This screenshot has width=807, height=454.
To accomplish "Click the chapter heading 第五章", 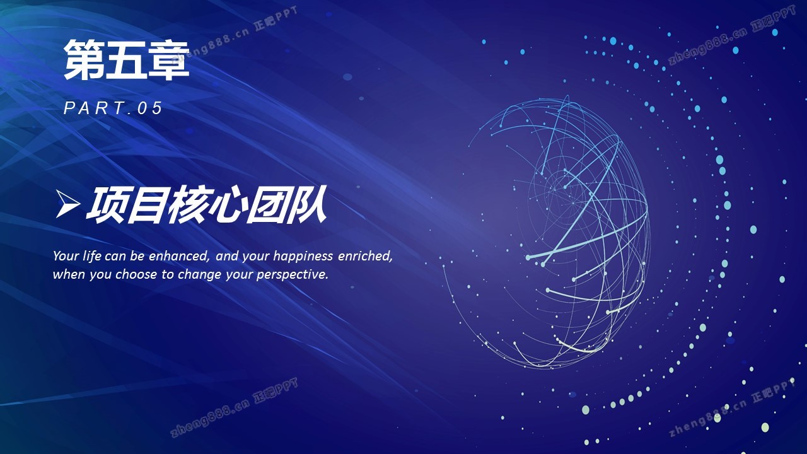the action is [x=127, y=59].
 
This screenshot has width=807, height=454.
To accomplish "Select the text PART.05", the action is [x=113, y=108].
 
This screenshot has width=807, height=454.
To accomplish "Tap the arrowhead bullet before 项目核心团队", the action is [x=67, y=204].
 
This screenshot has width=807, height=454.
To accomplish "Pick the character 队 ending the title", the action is [x=307, y=204].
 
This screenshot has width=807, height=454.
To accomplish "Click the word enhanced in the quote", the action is [x=179, y=256].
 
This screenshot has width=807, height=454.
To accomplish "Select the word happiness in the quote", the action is [x=303, y=257].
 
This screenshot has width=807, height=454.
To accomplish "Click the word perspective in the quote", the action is [x=292, y=275].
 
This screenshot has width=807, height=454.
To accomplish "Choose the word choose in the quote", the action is [x=136, y=274].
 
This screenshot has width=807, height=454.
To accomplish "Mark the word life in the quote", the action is [x=91, y=255].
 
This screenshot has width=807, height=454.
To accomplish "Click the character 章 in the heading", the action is [x=169, y=59].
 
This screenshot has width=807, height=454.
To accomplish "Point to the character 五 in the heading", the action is [x=127, y=59].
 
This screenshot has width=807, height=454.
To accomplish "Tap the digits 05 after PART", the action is [x=150, y=108].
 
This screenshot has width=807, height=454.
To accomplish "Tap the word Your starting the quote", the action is [x=66, y=256].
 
